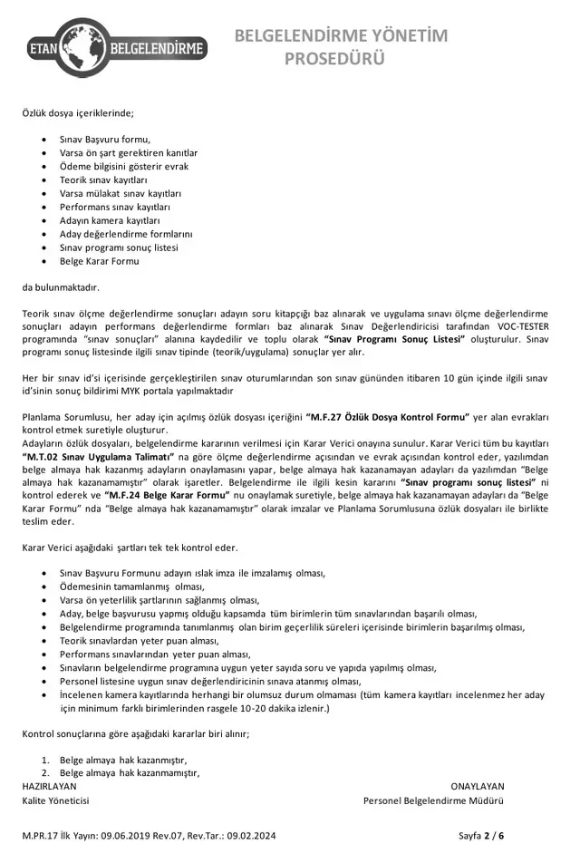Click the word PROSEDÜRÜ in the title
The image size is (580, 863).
[335, 59]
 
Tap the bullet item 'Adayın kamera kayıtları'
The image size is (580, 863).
[110, 220]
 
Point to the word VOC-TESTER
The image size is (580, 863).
[524, 325]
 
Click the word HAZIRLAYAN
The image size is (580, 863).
[49, 786]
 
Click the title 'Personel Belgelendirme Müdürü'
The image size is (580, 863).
[434, 800]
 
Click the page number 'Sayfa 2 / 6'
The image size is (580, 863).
[482, 835]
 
